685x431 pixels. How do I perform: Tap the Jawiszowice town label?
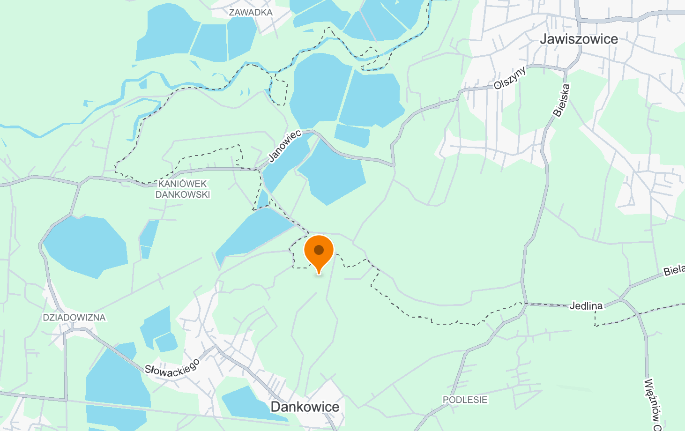click(579, 39)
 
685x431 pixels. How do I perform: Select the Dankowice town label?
click(305, 407)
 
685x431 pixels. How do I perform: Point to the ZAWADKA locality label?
click(250, 12)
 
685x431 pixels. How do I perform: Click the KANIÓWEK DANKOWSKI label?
click(183, 189)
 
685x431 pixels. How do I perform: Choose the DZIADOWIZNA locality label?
click(74, 318)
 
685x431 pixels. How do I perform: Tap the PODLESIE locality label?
click(465, 400)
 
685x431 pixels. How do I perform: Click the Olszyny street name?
click(510, 78)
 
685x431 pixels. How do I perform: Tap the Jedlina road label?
click(586, 306)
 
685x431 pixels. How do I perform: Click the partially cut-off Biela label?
click(674, 270)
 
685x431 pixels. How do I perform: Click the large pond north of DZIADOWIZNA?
click(84, 246)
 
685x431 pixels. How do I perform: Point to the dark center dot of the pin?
click(319, 250)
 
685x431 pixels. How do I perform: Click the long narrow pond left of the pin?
click(253, 234)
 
